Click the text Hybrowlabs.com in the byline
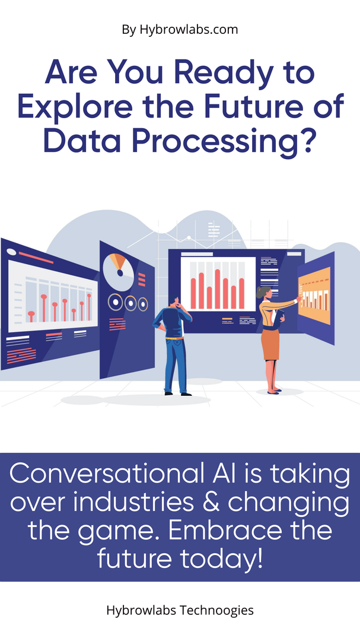pyautogui.click(x=189, y=30)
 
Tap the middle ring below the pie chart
pyautogui.click(x=130, y=303)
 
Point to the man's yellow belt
pyautogui.click(x=174, y=338)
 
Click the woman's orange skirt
pyautogui.click(x=270, y=345)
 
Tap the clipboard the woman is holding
pyautogui.click(x=278, y=318)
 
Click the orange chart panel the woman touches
pyautogui.click(x=314, y=296)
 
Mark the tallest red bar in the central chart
pyautogui.click(x=218, y=288)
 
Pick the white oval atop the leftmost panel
pyautogui.click(x=11, y=252)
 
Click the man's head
pyautogui.click(x=176, y=302)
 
